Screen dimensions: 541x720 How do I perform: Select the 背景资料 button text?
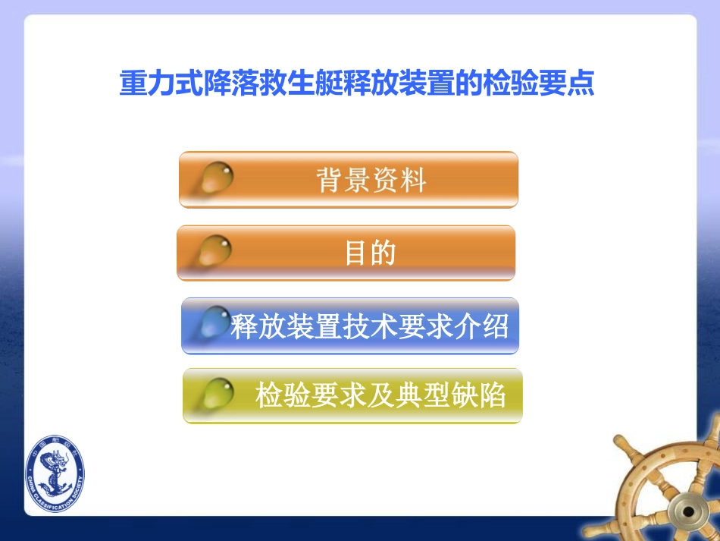[x=371, y=181]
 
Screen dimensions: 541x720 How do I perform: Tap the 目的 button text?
[x=370, y=253]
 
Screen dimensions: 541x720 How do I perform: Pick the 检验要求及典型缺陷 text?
[x=380, y=395]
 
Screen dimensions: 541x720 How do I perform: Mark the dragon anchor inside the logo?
[x=55, y=477]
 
